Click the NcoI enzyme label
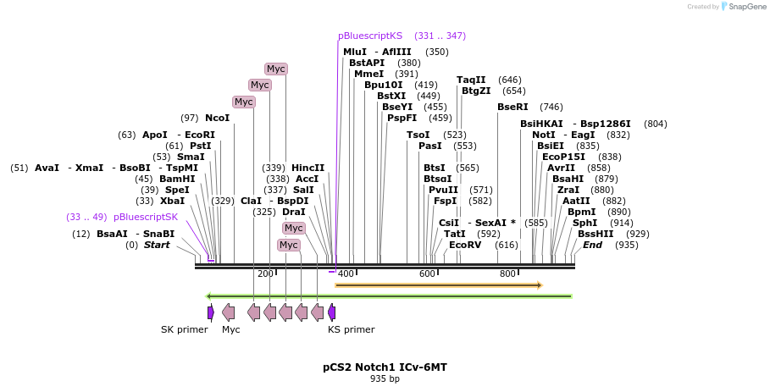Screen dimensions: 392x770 (217, 118)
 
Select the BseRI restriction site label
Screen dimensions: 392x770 (512, 107)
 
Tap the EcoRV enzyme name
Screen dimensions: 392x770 (465, 245)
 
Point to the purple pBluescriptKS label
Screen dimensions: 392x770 (370, 36)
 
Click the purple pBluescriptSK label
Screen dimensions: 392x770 (146, 217)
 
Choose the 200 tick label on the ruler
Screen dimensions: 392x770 (265, 273)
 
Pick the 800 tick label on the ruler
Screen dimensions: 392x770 (507, 273)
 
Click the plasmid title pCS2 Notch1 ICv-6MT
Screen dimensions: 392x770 (385, 367)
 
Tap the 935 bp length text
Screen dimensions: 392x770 (385, 378)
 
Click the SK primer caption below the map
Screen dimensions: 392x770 (184, 329)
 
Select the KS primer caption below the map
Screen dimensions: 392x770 (351, 329)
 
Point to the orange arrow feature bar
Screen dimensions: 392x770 (438, 285)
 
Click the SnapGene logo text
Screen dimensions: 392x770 (745, 7)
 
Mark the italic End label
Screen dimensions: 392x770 (592, 245)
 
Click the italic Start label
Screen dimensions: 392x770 (157, 245)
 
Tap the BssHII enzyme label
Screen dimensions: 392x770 (596, 234)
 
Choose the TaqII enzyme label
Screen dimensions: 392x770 (471, 80)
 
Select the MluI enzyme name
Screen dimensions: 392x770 (355, 52)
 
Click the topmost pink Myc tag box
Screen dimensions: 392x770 (275, 69)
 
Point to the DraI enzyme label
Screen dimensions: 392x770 (294, 212)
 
